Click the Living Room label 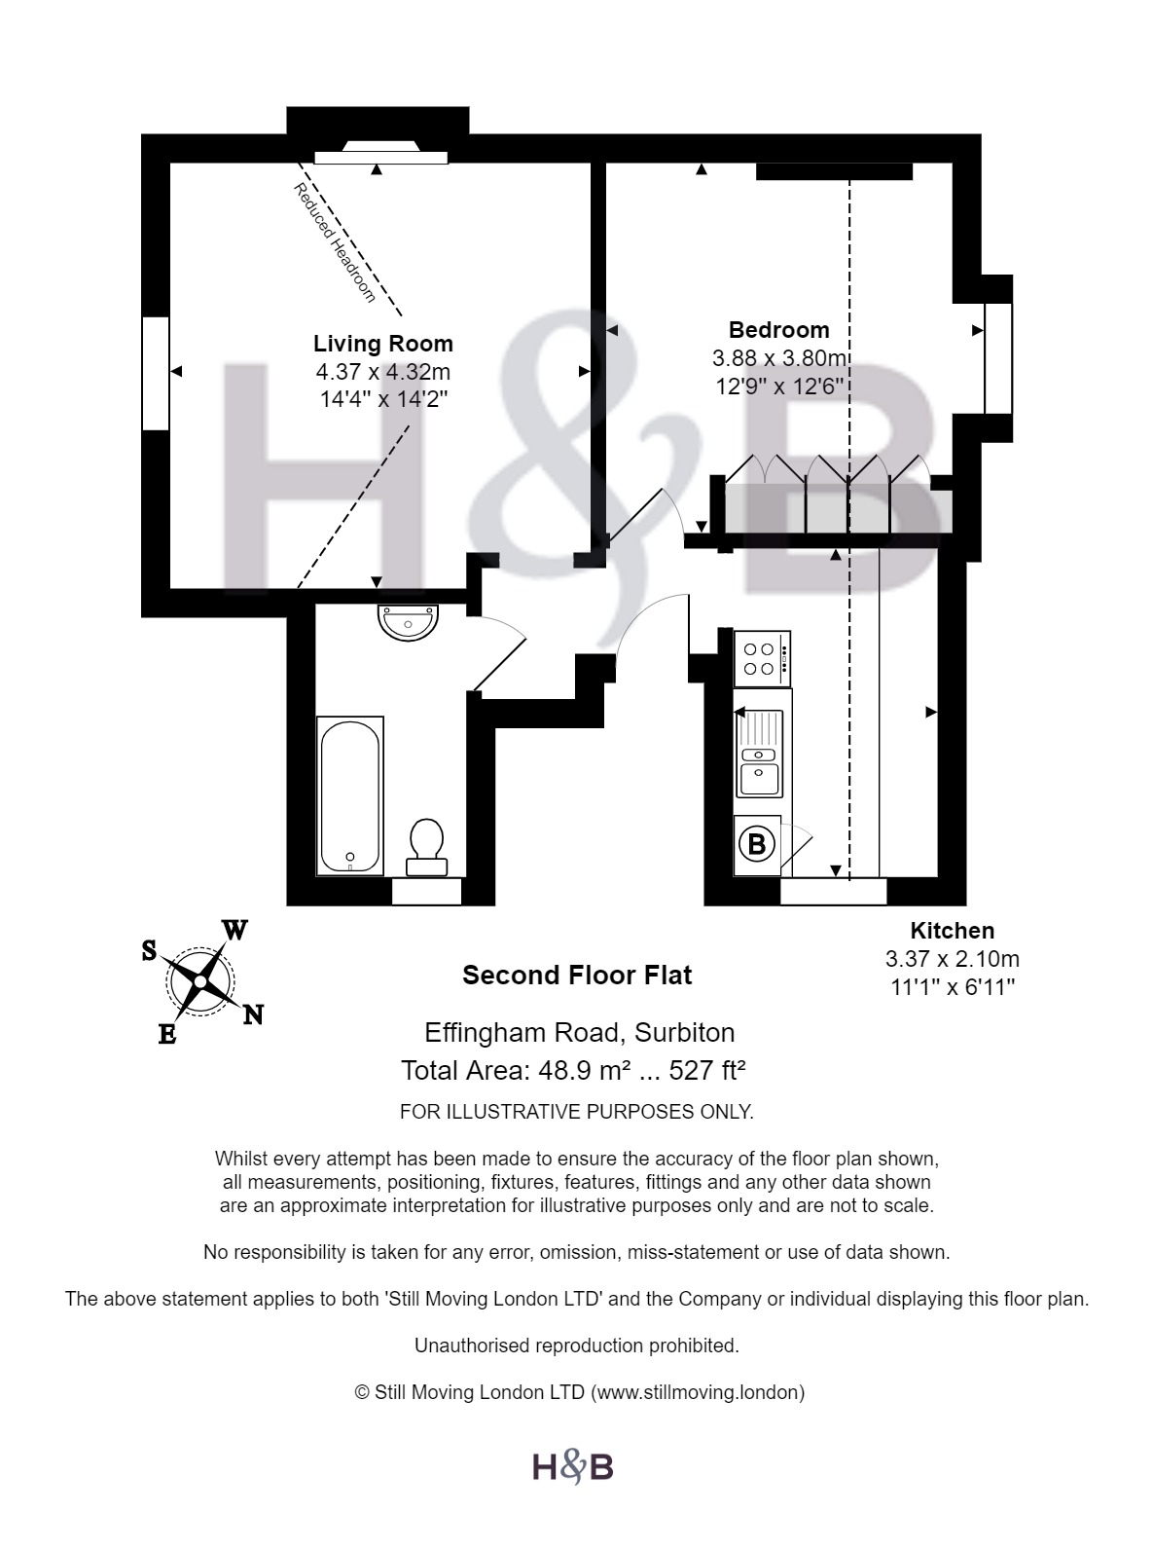coord(382,344)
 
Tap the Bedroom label coord(778,330)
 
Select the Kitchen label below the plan coord(952,931)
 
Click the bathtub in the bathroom coord(349,795)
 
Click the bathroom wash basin coord(409,622)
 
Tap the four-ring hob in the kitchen coord(761,658)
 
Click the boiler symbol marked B coord(757,844)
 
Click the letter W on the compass coord(234,930)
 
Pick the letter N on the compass coord(253,1015)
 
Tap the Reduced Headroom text coord(335,242)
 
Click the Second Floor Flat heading coord(577,976)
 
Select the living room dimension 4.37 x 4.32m coord(382,372)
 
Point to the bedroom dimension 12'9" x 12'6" coord(778,387)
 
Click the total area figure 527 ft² coord(707,1071)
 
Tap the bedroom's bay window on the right coord(998,358)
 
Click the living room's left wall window coord(156,373)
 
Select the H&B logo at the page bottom coord(573,1466)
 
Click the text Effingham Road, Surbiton coord(579,1032)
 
